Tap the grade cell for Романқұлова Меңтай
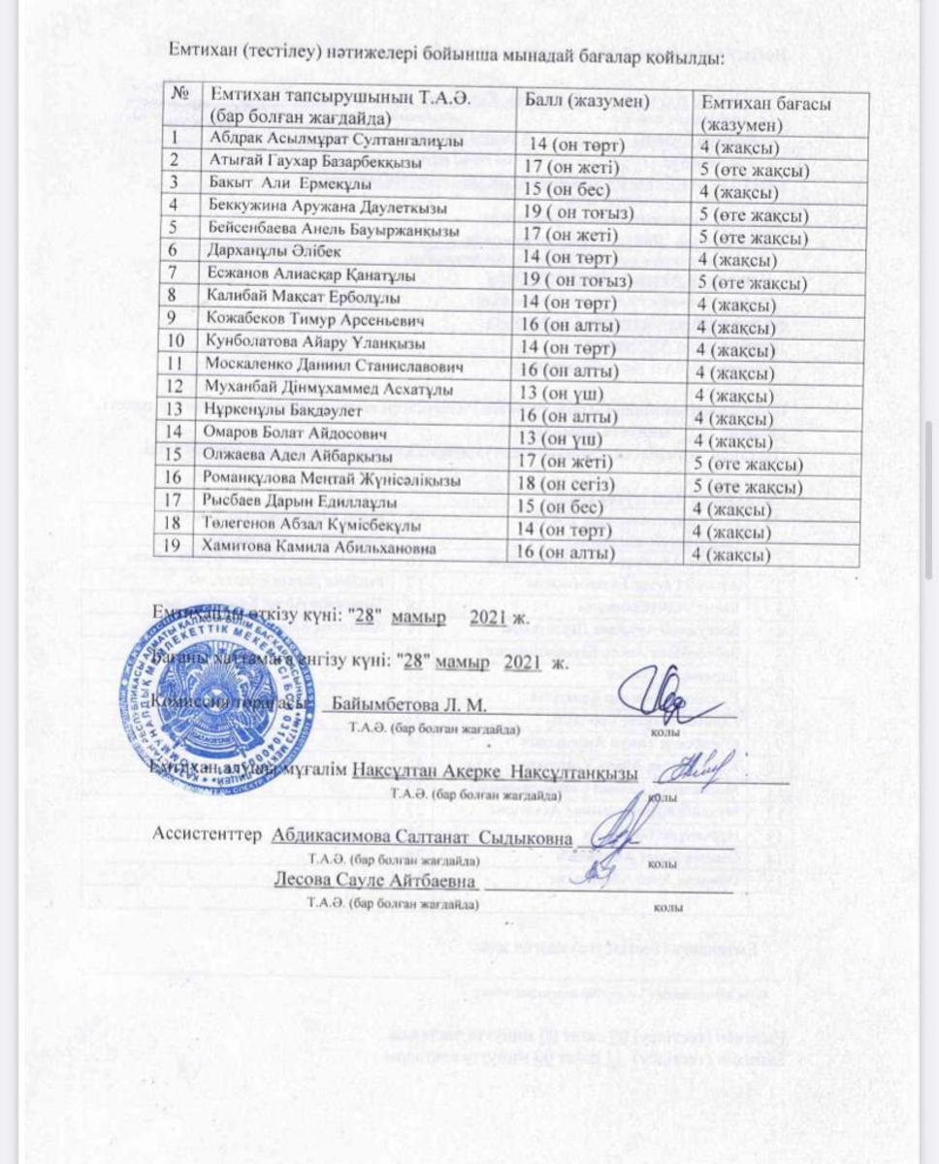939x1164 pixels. click(x=748, y=485)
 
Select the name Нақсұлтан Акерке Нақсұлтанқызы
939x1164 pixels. click(x=495, y=772)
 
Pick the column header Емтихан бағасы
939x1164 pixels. click(x=766, y=113)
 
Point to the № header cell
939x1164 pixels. click(x=178, y=95)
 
